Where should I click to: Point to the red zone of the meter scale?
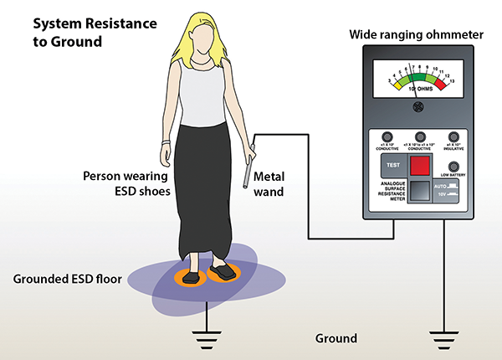[x=448, y=82]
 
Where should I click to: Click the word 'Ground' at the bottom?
[x=336, y=339]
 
